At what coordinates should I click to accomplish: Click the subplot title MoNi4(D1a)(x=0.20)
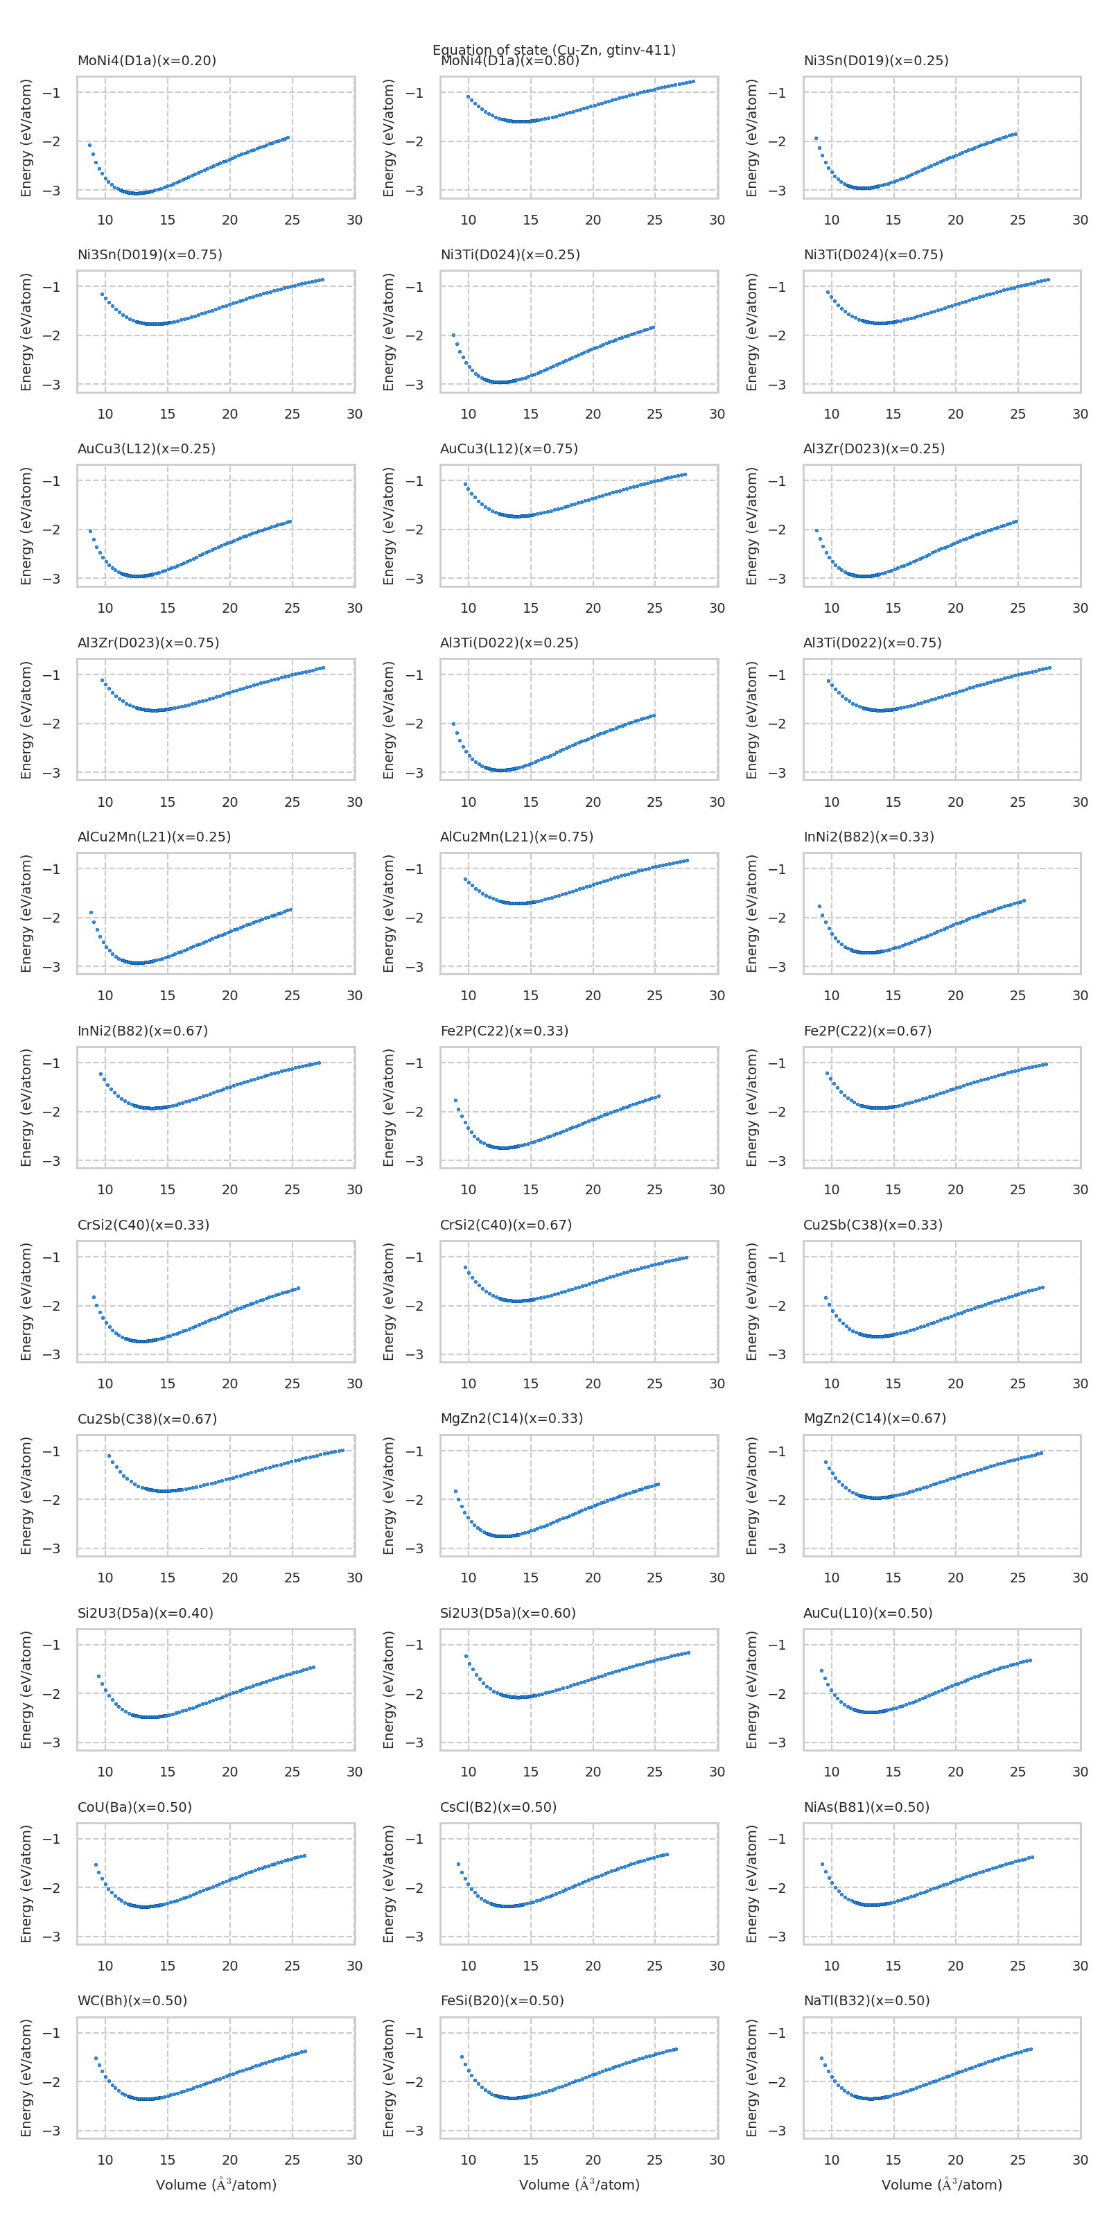pos(146,60)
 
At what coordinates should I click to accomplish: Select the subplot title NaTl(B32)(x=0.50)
pos(866,2000)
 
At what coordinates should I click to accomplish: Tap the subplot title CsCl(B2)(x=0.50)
pos(498,1806)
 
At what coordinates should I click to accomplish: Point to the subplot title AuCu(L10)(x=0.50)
pos(867,1613)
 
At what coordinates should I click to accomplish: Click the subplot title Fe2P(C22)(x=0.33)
pos(504,1031)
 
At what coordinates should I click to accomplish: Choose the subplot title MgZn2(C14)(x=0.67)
pos(874,1418)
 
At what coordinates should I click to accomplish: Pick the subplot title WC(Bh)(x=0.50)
pos(132,2000)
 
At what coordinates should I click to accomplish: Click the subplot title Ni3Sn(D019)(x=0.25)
pos(875,60)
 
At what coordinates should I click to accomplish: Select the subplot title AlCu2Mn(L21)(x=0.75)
pos(516,837)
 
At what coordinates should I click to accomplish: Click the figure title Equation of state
pos(554,49)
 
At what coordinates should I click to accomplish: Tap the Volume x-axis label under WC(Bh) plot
pos(216,2185)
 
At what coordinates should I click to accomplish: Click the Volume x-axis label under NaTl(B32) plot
pos(941,2185)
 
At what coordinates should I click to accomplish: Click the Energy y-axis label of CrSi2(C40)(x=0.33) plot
pos(26,1301)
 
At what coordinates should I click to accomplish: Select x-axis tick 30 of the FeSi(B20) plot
pos(717,2160)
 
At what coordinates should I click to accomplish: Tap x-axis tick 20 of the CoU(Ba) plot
pos(229,1966)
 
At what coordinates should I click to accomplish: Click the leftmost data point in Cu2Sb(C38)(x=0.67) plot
pos(109,1455)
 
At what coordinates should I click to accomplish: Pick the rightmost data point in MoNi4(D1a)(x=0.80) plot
pos(693,82)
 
